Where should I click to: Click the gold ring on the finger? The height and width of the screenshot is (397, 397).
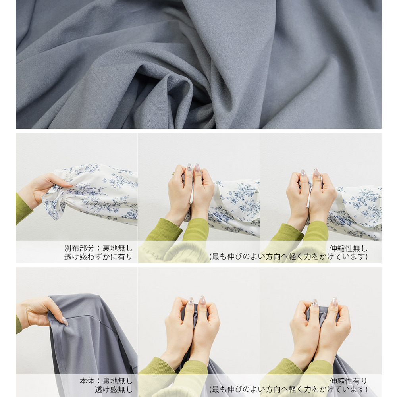tap(174, 173)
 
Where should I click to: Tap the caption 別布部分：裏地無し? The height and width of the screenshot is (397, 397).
tap(98, 248)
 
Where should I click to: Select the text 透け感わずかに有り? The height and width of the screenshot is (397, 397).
tap(98, 257)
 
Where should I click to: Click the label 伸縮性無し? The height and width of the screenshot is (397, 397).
tap(349, 249)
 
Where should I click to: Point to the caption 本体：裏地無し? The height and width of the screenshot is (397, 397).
tap(106, 381)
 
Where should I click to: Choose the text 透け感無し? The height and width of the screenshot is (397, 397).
tap(114, 389)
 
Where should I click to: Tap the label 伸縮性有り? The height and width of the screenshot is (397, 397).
tap(349, 381)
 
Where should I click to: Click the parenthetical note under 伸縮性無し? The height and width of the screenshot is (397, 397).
tap(288, 256)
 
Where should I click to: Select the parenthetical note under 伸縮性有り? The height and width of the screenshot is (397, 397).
tap(288, 389)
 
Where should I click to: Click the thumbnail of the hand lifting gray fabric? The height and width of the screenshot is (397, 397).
tap(77, 332)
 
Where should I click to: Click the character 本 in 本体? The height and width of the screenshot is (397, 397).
tap(83, 381)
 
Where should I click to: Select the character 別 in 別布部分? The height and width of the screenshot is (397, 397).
tap(68, 248)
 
